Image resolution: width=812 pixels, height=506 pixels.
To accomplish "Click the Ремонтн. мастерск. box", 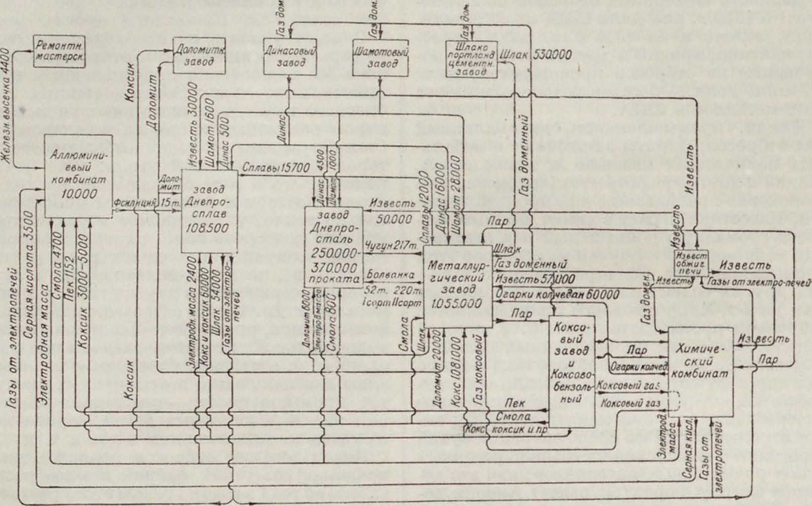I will [60, 51].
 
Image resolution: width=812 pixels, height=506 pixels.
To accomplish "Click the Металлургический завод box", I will [457, 286].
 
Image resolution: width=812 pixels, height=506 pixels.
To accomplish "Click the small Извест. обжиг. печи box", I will [691, 262].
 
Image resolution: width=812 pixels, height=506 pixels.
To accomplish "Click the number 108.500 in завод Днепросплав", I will [209, 228].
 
